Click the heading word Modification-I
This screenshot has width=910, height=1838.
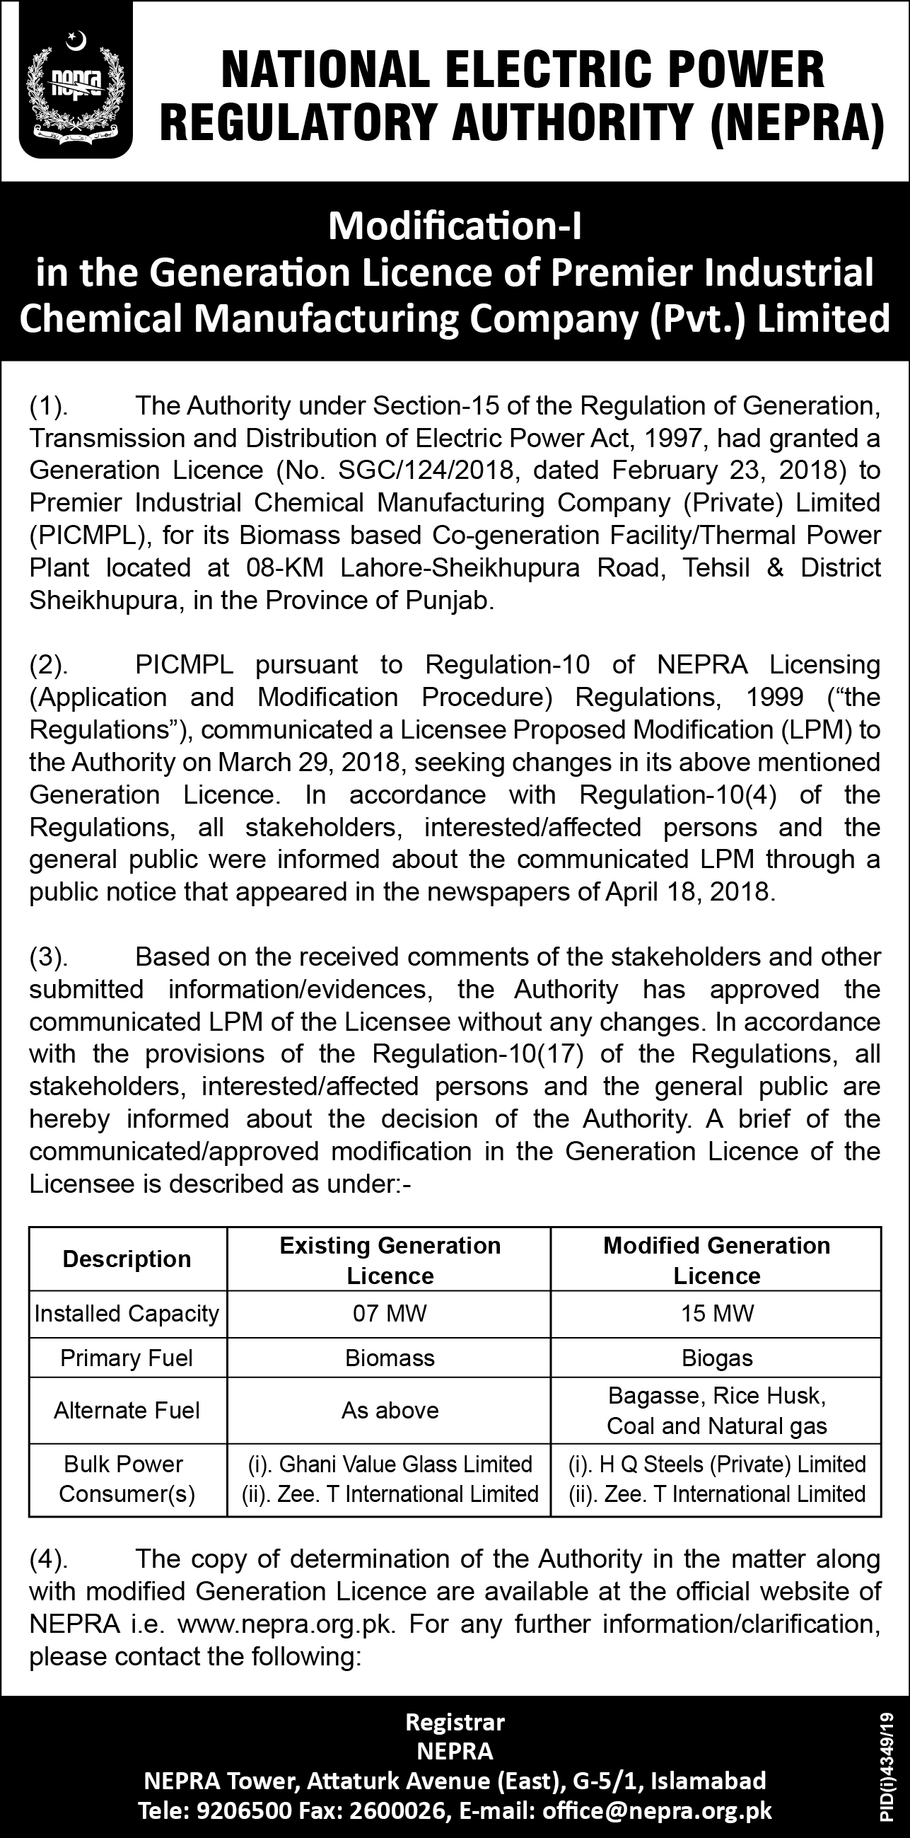[x=455, y=227]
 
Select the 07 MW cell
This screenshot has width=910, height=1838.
[x=390, y=1313]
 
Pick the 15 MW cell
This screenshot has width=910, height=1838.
[x=717, y=1313]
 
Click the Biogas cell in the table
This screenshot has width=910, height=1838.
[x=717, y=1358]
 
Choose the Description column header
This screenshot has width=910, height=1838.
[x=127, y=1259]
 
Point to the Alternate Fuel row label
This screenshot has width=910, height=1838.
[x=127, y=1410]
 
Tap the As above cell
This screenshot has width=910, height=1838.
[x=390, y=1410]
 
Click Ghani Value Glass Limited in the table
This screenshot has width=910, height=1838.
[x=405, y=1464]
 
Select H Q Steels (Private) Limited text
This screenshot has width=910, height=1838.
[x=733, y=1464]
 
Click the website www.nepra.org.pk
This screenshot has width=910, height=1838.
[x=285, y=1624]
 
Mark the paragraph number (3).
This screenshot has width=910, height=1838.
[x=49, y=957]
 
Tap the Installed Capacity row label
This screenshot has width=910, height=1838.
[x=127, y=1313]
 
